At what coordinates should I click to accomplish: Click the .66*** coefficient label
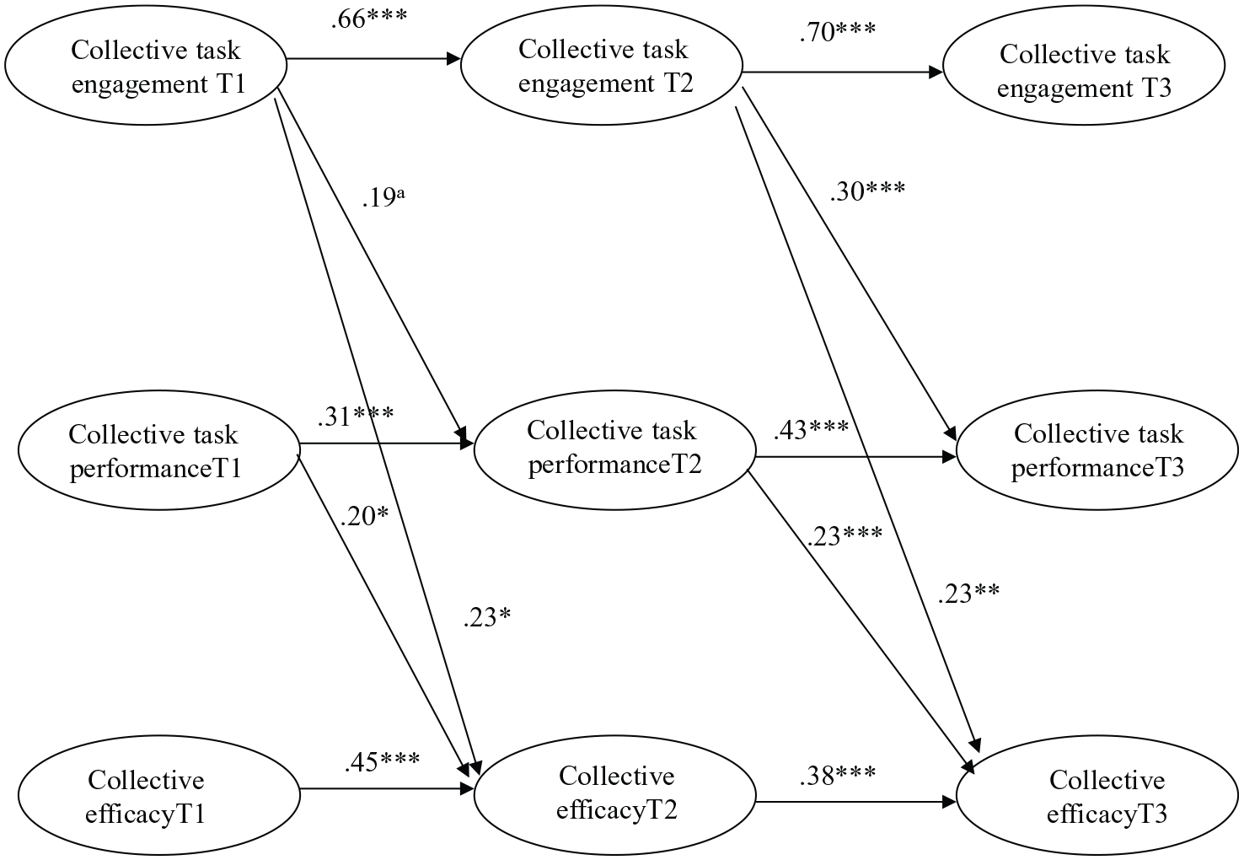coord(369,19)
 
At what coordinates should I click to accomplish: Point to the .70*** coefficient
coord(838,32)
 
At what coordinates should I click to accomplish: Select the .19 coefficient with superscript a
coord(383,198)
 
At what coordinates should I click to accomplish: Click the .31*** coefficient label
coord(356,417)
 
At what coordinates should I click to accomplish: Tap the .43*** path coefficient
coord(812,430)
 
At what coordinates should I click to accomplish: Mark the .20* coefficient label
coord(364,517)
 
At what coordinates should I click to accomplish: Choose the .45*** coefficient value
coord(382,761)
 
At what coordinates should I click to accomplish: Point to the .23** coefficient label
coord(968,594)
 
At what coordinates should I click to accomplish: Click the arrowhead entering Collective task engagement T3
coord(936,72)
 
